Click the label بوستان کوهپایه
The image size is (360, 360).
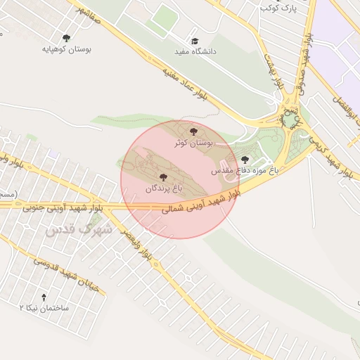[67, 50]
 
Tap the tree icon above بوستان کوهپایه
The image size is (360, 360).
[67, 38]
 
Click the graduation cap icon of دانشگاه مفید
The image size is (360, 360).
[195, 40]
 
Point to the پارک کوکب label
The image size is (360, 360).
[275, 8]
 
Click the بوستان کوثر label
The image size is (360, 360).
[193, 143]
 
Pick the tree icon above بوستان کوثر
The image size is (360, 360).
[193, 131]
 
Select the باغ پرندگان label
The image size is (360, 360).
[164, 189]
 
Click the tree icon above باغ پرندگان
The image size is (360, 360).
[164, 177]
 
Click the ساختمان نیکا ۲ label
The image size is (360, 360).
[44, 308]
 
